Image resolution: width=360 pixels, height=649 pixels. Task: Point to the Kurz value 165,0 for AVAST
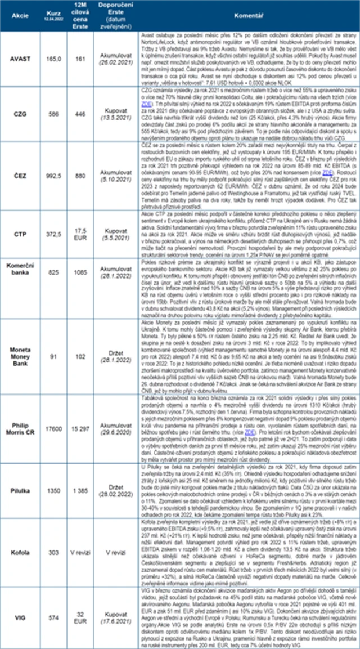[x=55, y=57]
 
